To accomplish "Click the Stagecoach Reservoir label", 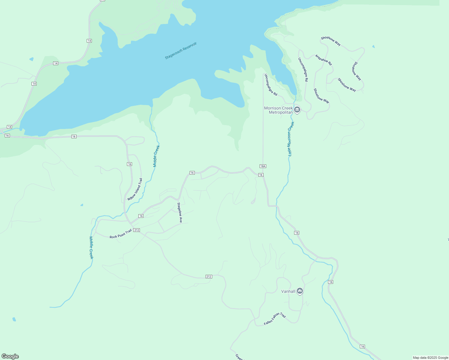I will tap(181, 51).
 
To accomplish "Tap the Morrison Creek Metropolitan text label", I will tap(278, 110).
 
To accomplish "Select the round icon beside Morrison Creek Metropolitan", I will tap(297, 110).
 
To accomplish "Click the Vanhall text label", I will tap(288, 291).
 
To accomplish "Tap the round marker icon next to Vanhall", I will tap(300, 291).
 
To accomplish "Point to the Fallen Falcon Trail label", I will tap(275, 319).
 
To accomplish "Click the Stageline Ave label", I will tap(179, 213).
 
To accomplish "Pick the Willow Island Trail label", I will tap(135, 189).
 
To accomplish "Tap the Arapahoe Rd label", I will tap(324, 60).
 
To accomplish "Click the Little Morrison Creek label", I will tap(291, 139).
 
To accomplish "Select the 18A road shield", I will tap(263, 166).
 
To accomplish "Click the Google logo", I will tap(10, 356).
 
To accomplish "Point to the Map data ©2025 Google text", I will tap(430, 358).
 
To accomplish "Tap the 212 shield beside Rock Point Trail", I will tap(137, 230).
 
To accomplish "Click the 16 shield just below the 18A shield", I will tap(261, 175).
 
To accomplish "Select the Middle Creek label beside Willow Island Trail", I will tap(156, 156).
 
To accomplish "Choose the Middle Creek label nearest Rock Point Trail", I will tap(91, 248).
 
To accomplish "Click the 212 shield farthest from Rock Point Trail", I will tap(209, 277).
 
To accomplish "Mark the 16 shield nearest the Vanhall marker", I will tap(330, 282).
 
